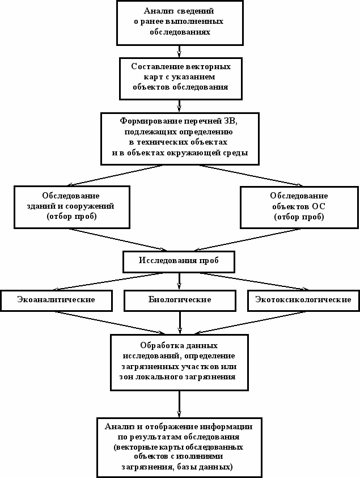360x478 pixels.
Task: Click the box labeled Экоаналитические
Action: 56,301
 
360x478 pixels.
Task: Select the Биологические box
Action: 180,301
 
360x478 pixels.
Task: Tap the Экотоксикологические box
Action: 303,301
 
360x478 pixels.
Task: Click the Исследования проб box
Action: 179,261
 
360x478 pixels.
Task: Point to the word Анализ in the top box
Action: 157,11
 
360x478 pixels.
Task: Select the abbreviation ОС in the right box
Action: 318,206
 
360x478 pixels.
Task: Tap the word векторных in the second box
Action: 208,66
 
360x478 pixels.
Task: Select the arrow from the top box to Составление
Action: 179,52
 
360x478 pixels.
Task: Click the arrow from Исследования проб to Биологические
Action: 179,281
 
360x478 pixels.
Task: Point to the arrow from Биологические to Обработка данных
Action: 180,323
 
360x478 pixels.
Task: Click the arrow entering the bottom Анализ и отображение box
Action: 179,404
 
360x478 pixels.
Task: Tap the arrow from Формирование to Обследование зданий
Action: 115,176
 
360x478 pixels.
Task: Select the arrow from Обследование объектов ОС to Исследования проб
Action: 247,240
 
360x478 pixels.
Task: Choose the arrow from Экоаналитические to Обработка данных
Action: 111,323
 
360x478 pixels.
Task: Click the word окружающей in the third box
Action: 195,153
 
